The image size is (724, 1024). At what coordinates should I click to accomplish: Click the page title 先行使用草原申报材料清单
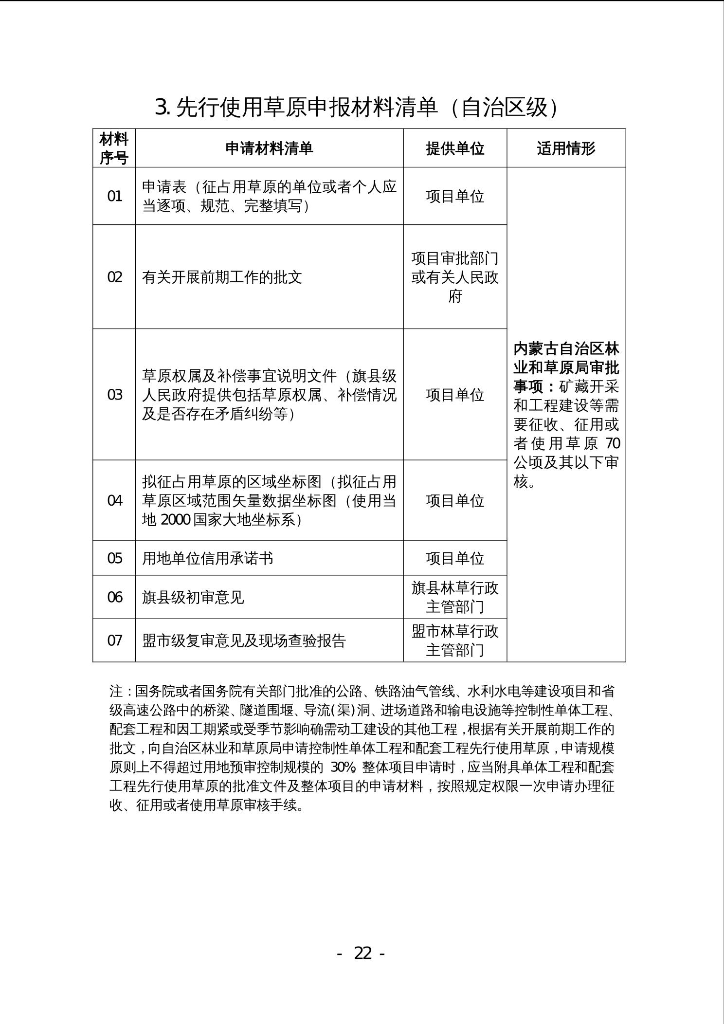coord(356,108)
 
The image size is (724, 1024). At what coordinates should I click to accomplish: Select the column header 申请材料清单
coord(269,148)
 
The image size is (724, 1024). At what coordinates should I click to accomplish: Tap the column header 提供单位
coord(455,148)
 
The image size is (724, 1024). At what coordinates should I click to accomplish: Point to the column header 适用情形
coord(566,148)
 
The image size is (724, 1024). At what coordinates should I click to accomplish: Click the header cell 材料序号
coord(114,148)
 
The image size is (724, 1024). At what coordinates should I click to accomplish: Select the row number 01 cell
coord(114,197)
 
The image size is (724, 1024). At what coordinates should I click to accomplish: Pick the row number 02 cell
coord(114,277)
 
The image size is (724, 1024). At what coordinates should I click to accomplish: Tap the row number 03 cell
coord(114,395)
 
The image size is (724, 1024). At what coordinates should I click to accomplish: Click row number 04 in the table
coord(114,501)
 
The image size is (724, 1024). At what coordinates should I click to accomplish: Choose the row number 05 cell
coord(114,558)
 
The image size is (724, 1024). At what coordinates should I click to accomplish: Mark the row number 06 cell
coord(114,597)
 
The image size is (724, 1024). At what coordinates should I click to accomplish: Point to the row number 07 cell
coord(114,640)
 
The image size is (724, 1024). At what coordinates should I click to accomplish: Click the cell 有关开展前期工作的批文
coord(222,277)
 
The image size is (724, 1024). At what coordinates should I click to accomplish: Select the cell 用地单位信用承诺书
coord(207,558)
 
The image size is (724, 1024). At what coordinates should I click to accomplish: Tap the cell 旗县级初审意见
coord(193,597)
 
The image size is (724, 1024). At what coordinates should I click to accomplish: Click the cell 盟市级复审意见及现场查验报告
coord(243,640)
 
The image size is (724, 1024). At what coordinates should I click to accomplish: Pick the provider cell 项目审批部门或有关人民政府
coord(455,277)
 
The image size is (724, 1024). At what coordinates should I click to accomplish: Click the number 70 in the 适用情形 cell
coord(613,444)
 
